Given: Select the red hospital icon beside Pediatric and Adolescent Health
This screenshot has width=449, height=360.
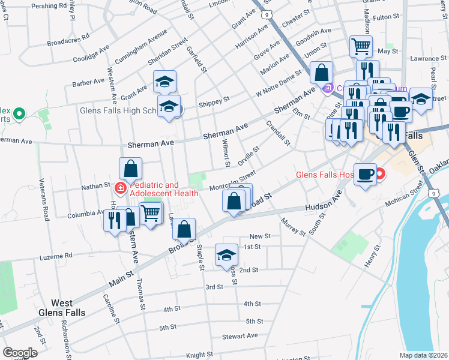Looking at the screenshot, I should coord(120,188).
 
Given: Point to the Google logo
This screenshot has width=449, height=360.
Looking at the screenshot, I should coord(19,353).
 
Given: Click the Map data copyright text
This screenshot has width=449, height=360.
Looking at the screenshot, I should coord(424,355).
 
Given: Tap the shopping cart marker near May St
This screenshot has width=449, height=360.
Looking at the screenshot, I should coord(361,46).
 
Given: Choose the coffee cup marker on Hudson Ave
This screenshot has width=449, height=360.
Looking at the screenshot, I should coord(366,174).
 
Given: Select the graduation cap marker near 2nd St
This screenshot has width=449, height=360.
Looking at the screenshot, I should coord(226,254).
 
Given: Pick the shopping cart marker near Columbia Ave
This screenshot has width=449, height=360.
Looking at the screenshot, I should coord(151,212).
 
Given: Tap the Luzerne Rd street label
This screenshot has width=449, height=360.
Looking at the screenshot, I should coord(57,256).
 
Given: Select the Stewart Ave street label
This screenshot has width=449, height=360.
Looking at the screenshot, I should coord(240,336).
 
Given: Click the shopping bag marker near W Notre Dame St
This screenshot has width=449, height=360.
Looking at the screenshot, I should coord(322,72).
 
